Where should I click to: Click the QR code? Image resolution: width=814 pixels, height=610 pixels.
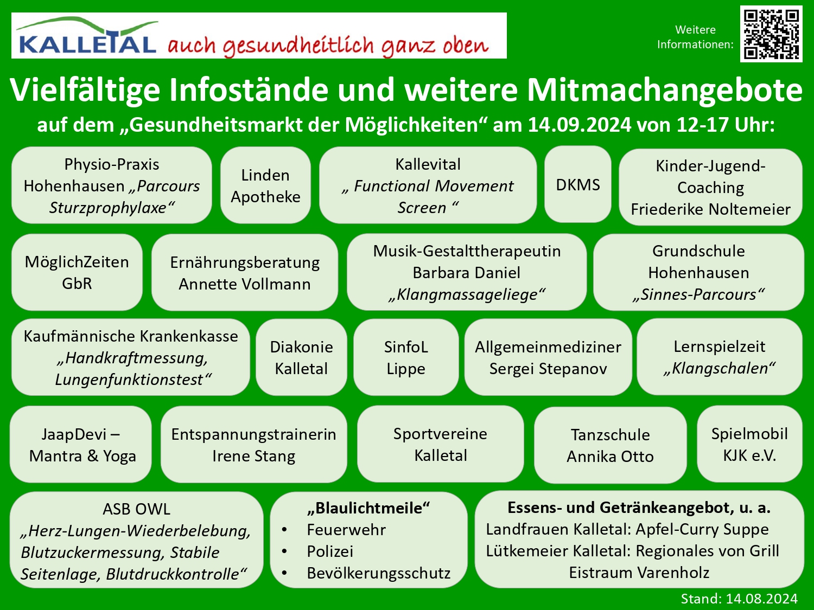[x=771, y=34]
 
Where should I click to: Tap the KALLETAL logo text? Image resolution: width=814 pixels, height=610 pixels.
[x=87, y=43]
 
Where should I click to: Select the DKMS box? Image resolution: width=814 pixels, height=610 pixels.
[x=578, y=185]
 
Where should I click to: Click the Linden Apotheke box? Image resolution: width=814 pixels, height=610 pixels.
[x=265, y=185]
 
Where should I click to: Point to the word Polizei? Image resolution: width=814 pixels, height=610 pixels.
[x=330, y=551]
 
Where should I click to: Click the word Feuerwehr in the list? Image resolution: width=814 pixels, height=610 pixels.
[x=346, y=530]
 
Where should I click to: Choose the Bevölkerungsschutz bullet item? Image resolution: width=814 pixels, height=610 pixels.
[x=378, y=573]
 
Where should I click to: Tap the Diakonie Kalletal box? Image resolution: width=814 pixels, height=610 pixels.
[x=301, y=357]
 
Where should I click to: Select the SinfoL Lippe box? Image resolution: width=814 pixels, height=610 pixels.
[x=406, y=357]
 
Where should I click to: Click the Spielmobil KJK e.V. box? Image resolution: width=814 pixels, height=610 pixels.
[x=749, y=444]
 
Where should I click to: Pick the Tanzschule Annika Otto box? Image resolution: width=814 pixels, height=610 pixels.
[x=610, y=445]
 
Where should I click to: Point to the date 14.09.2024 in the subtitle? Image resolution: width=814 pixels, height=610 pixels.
[x=579, y=125]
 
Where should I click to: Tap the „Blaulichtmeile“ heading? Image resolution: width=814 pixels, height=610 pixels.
[x=368, y=508]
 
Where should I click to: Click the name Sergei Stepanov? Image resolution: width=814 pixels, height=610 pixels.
[x=548, y=369]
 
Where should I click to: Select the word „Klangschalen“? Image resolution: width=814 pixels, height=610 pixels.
[x=720, y=368]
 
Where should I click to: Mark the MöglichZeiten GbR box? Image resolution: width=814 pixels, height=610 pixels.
[x=77, y=272]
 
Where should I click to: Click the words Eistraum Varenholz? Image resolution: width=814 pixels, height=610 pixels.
[x=639, y=573]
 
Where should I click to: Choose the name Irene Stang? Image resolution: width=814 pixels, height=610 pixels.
[x=253, y=456]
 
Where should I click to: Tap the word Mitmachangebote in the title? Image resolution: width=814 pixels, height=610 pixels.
[x=665, y=90]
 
